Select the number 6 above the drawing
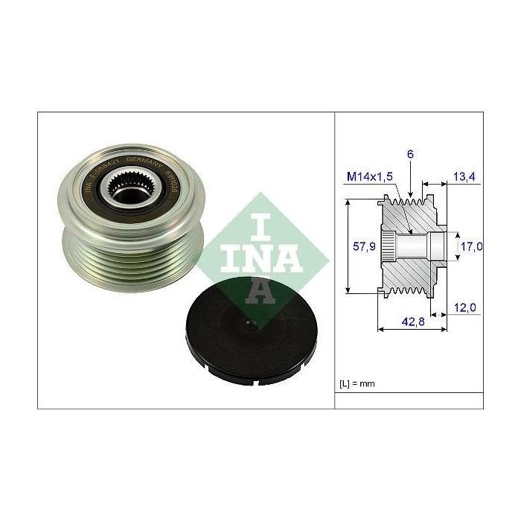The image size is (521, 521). click(409, 154)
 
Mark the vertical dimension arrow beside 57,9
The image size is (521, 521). click(348, 246)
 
